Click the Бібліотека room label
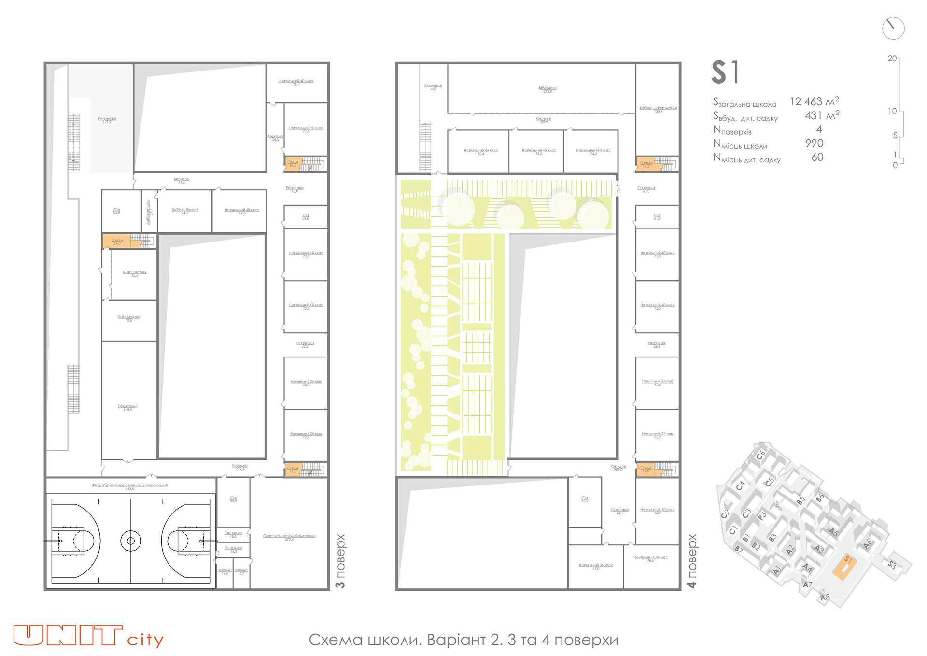(x=548, y=89)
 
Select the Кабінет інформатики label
(x=658, y=109)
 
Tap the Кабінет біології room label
(x=185, y=210)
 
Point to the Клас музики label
(x=128, y=318)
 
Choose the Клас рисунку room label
(x=134, y=273)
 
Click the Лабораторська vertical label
(x=149, y=212)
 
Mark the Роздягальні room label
(x=127, y=407)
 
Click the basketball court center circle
(x=131, y=541)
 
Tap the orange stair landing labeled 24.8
(x=117, y=241)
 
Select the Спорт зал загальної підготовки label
(x=289, y=536)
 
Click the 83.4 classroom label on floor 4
(x=481, y=151)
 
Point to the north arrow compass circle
(x=893, y=29)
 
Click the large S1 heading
(x=725, y=72)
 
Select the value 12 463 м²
(x=814, y=101)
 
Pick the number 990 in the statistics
(x=814, y=143)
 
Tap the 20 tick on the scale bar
(x=892, y=58)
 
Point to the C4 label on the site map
(x=741, y=485)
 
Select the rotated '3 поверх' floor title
(x=340, y=561)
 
